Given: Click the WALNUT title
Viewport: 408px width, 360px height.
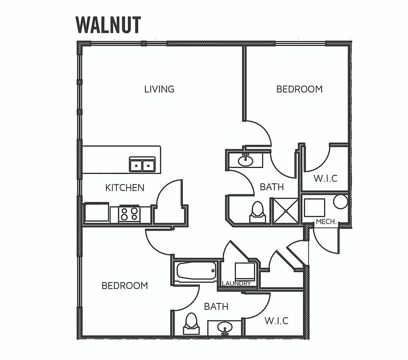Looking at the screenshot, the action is pyautogui.click(x=108, y=25).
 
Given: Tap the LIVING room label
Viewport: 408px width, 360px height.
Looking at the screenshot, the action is pyautogui.click(x=159, y=89).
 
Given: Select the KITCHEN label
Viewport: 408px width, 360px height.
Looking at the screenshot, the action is pyautogui.click(x=125, y=187).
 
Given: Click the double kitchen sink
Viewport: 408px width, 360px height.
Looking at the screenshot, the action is pyautogui.click(x=143, y=165).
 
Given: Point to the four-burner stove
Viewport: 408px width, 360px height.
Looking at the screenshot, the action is pyautogui.click(x=129, y=214).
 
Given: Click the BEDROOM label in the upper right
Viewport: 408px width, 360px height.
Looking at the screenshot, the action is pyautogui.click(x=299, y=89).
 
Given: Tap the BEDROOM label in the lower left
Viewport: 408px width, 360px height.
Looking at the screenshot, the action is pyautogui.click(x=125, y=285).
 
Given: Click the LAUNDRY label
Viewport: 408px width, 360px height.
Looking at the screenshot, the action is pyautogui.click(x=236, y=283).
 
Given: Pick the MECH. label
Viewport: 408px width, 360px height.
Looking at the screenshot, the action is pyautogui.click(x=326, y=222).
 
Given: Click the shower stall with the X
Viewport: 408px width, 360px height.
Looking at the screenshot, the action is pyautogui.click(x=286, y=211).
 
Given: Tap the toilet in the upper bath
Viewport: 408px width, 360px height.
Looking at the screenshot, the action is pyautogui.click(x=257, y=212).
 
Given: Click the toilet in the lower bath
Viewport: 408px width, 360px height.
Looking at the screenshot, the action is pyautogui.click(x=191, y=323).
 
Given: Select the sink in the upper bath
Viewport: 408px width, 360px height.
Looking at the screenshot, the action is pyautogui.click(x=245, y=160).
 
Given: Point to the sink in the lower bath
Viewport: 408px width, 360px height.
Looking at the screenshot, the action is pyautogui.click(x=224, y=328).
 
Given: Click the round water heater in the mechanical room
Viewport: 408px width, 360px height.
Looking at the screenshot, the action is pyautogui.click(x=340, y=202).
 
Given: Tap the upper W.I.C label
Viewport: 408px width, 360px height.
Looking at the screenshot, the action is pyautogui.click(x=325, y=179).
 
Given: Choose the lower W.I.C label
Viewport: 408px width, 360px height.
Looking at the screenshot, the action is pyautogui.click(x=276, y=321).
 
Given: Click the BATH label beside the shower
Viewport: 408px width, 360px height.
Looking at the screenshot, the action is pyautogui.click(x=272, y=187).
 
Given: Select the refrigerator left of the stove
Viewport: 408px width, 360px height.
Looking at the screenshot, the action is pyautogui.click(x=97, y=212).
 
